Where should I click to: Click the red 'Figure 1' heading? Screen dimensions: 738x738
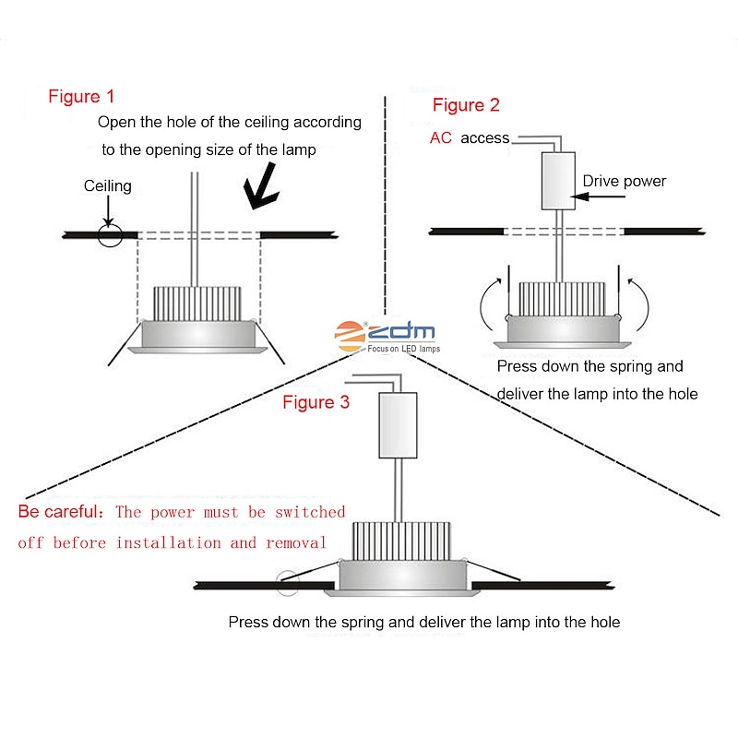82,96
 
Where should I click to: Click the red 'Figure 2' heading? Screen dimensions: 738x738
466,105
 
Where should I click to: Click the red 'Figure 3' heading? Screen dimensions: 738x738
315,402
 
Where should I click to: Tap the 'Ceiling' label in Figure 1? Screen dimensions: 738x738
108,185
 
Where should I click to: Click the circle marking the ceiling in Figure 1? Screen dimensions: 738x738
110,234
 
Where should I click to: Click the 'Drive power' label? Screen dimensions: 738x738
624,181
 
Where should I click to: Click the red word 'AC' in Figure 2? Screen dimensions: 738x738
441,138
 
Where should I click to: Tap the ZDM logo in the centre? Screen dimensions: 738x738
387,336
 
